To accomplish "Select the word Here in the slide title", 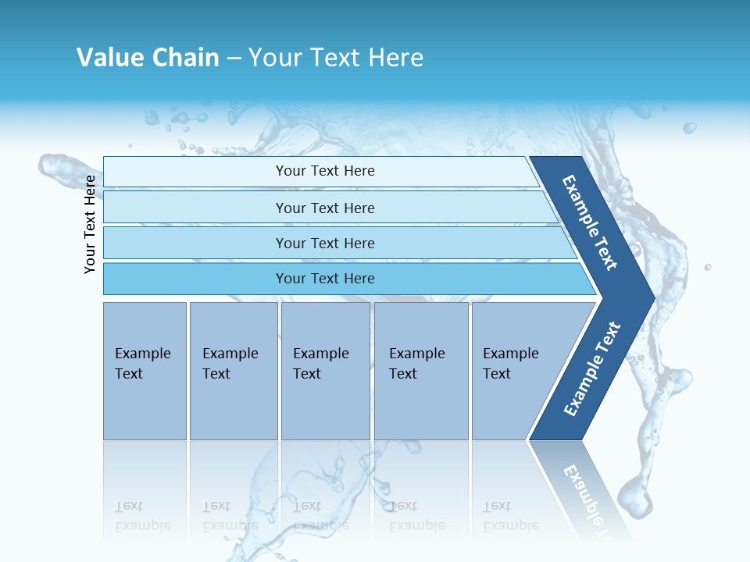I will (x=395, y=58).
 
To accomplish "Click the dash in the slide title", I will (x=234, y=59).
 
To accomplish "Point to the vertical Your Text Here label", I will (x=90, y=224).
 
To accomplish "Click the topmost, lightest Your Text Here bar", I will (x=324, y=171).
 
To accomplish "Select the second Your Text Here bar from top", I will (x=324, y=208).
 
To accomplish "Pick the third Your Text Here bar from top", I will (x=324, y=243).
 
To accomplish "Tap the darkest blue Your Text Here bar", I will (x=324, y=279).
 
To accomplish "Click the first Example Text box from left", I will (x=145, y=370).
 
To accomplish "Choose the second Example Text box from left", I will (x=233, y=370).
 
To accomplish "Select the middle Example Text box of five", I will (x=325, y=370).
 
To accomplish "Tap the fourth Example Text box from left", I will (x=420, y=370).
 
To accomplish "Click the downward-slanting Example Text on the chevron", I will (x=590, y=222).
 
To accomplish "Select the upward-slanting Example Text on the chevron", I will (x=592, y=369).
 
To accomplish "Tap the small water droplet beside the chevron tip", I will (x=708, y=267).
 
